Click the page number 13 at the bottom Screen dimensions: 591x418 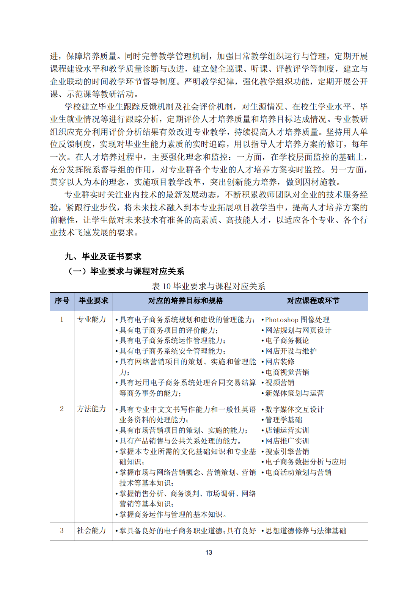click(209, 552)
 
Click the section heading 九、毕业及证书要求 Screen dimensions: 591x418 click(103, 257)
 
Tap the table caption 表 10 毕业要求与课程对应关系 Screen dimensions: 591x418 click(208, 286)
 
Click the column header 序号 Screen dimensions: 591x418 click(62, 301)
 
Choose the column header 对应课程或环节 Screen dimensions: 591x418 click(313, 301)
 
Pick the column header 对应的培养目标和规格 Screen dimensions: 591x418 click(185, 301)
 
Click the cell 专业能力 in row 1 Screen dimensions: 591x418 click(91, 319)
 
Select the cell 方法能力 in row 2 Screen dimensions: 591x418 click(91, 409)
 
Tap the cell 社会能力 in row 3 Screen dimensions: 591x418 click(91, 530)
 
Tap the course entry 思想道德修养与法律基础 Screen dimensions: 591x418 click(306, 531)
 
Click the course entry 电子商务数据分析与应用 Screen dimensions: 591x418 click(306, 462)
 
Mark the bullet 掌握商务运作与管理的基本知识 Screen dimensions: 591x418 click(173, 514)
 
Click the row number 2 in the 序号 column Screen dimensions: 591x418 click(62, 409)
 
